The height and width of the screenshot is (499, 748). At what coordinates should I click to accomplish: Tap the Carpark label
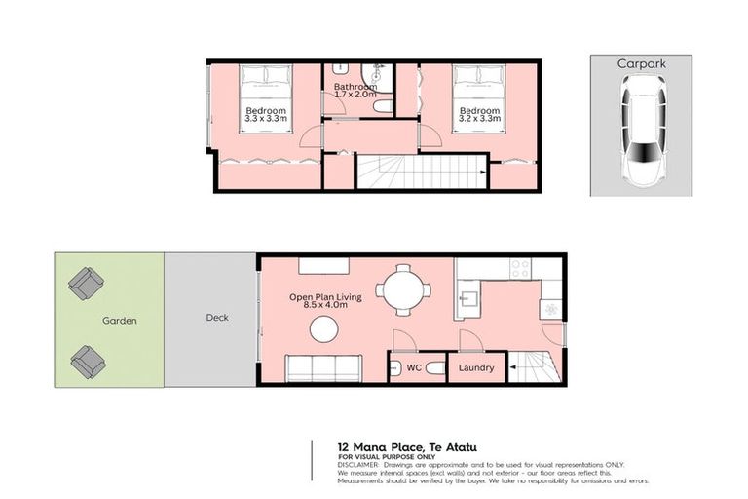pyautogui.click(x=640, y=63)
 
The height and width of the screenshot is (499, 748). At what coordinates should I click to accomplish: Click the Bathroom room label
pyautogui.click(x=355, y=87)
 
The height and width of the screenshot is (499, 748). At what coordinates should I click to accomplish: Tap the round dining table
pyautogui.click(x=400, y=288)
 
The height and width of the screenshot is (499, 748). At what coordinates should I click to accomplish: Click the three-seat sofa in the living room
pyautogui.click(x=323, y=368)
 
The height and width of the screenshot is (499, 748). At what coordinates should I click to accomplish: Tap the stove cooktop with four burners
pyautogui.click(x=520, y=267)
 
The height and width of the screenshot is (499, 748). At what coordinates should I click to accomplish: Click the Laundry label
pyautogui.click(x=476, y=368)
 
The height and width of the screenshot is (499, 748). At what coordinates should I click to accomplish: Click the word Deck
pyautogui.click(x=215, y=317)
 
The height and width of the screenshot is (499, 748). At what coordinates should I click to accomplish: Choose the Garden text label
pyautogui.click(x=120, y=320)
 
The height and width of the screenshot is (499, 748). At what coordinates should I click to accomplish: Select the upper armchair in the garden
pyautogui.click(x=86, y=284)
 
